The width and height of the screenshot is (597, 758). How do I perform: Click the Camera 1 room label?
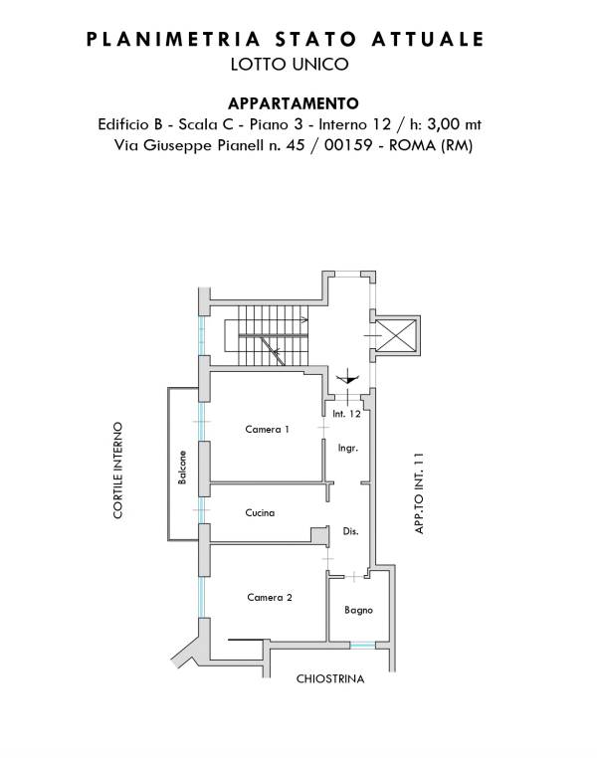pyautogui.click(x=267, y=430)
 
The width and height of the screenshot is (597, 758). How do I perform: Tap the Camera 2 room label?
pyautogui.click(x=270, y=598)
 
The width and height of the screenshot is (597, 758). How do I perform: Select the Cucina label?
pyautogui.click(x=260, y=513)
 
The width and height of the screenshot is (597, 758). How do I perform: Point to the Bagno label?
pyautogui.click(x=358, y=611)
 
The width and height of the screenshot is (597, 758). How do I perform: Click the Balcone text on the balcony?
pyautogui.click(x=182, y=468)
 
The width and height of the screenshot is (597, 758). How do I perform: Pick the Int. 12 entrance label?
pyautogui.click(x=346, y=414)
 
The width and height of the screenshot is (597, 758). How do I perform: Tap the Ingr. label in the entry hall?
pyautogui.click(x=348, y=449)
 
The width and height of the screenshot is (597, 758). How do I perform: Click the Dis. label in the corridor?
pyautogui.click(x=350, y=531)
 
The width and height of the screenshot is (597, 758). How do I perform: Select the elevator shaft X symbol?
pyautogui.click(x=395, y=335)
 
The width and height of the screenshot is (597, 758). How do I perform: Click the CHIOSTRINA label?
pyautogui.click(x=330, y=679)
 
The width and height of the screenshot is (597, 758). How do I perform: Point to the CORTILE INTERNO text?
pyautogui.click(x=118, y=471)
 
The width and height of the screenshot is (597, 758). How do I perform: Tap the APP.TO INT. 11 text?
pyautogui.click(x=419, y=493)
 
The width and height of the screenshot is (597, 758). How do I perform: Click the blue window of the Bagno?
pyautogui.click(x=362, y=645)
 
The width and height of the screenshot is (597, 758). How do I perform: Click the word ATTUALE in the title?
pyautogui.click(x=427, y=40)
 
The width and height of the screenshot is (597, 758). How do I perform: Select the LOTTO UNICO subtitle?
pyautogui.click(x=290, y=65)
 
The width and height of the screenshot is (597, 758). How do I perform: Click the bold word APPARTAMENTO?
pyautogui.click(x=294, y=103)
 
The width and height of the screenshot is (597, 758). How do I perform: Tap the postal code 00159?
pyautogui.click(x=348, y=145)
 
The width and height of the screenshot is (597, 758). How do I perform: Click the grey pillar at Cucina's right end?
pyautogui.click(x=319, y=535)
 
